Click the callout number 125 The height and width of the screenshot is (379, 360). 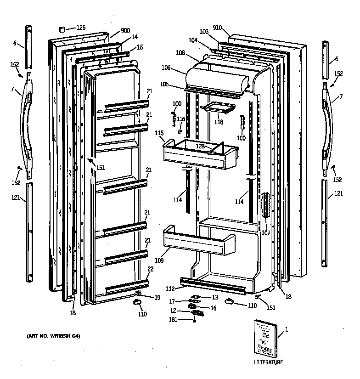coord(81,28)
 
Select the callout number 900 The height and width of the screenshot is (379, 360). coord(125,31)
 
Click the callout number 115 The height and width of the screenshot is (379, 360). coord(159,133)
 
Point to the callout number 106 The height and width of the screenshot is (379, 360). coord(166,68)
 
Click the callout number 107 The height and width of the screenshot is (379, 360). coord(266,232)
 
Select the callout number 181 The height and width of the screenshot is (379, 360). coord(173,320)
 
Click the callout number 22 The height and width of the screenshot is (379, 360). coord(150,269)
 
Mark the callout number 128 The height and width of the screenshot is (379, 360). coord(200,146)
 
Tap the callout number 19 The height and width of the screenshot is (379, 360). coord(157,298)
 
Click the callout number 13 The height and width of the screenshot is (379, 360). coord(215,298)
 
